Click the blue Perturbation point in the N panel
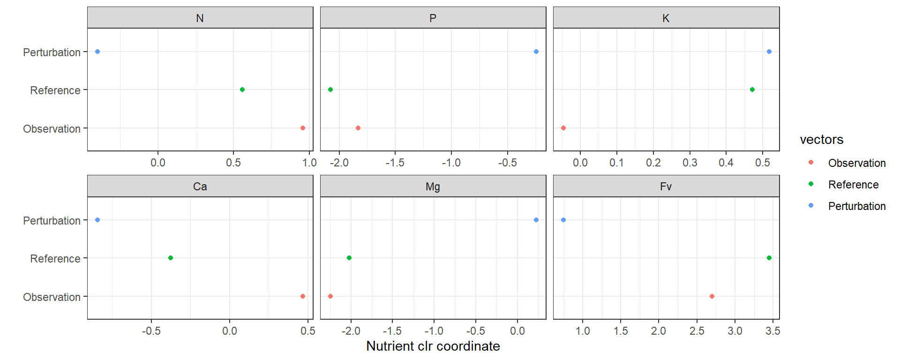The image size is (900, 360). click(x=97, y=52)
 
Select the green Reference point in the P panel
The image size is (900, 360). click(x=330, y=90)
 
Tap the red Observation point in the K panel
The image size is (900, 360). click(x=563, y=128)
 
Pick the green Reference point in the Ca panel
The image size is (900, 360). click(x=171, y=258)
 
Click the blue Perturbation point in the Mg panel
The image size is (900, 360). click(x=536, y=220)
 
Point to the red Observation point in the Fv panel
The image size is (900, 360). click(x=712, y=296)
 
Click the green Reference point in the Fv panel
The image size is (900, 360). click(x=769, y=258)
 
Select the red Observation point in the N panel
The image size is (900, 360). click(x=303, y=128)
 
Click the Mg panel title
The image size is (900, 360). click(x=433, y=187)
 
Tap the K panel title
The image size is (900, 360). click(x=666, y=18)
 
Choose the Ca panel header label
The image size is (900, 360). click(x=200, y=187)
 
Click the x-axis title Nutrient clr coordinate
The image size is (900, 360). click(x=433, y=346)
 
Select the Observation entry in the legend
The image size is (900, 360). click(x=856, y=163)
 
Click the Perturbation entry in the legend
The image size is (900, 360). click(x=856, y=206)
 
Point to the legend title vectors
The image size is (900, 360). click(x=821, y=140)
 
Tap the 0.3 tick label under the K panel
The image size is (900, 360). click(x=690, y=163)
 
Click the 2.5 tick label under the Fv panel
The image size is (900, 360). click(x=697, y=331)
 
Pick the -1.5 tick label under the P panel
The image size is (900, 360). click(x=395, y=163)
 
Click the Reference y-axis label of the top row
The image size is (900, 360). click(x=55, y=90)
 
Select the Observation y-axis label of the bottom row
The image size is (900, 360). click(x=52, y=297)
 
